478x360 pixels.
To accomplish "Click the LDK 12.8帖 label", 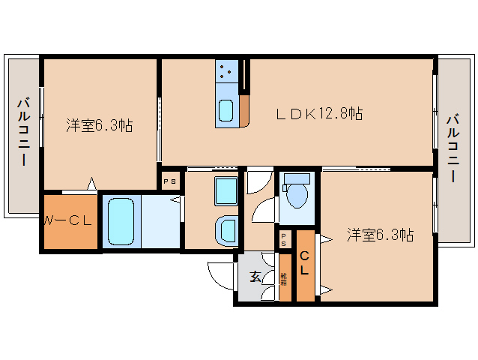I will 319,114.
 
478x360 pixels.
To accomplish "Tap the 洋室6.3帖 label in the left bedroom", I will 99,125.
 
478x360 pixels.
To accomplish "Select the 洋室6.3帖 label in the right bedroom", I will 380,235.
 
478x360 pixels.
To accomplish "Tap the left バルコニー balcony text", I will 23,130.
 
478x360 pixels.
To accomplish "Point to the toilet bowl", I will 297,193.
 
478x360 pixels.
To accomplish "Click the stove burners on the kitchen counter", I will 226,73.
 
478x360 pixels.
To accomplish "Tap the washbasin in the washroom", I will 226,229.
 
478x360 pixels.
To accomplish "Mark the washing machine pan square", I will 226,190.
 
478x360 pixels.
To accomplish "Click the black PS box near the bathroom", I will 170,181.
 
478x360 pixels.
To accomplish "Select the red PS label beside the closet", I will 285,240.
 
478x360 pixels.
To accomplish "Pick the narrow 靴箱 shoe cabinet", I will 285,278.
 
